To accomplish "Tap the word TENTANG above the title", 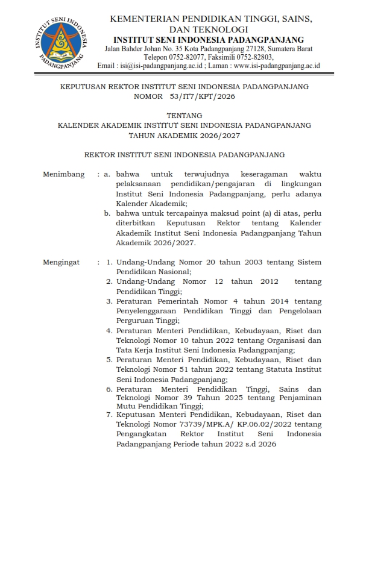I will [184, 115].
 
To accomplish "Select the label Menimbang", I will [63, 175].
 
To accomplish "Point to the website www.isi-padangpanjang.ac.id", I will [276, 66].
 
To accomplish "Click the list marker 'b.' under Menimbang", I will [107, 213].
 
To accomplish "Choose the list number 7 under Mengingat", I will [110, 415].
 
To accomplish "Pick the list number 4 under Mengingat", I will [110, 330].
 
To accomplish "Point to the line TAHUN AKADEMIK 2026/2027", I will [184, 136].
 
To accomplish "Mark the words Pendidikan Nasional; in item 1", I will [153, 272].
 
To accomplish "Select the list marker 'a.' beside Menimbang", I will [107, 175].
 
